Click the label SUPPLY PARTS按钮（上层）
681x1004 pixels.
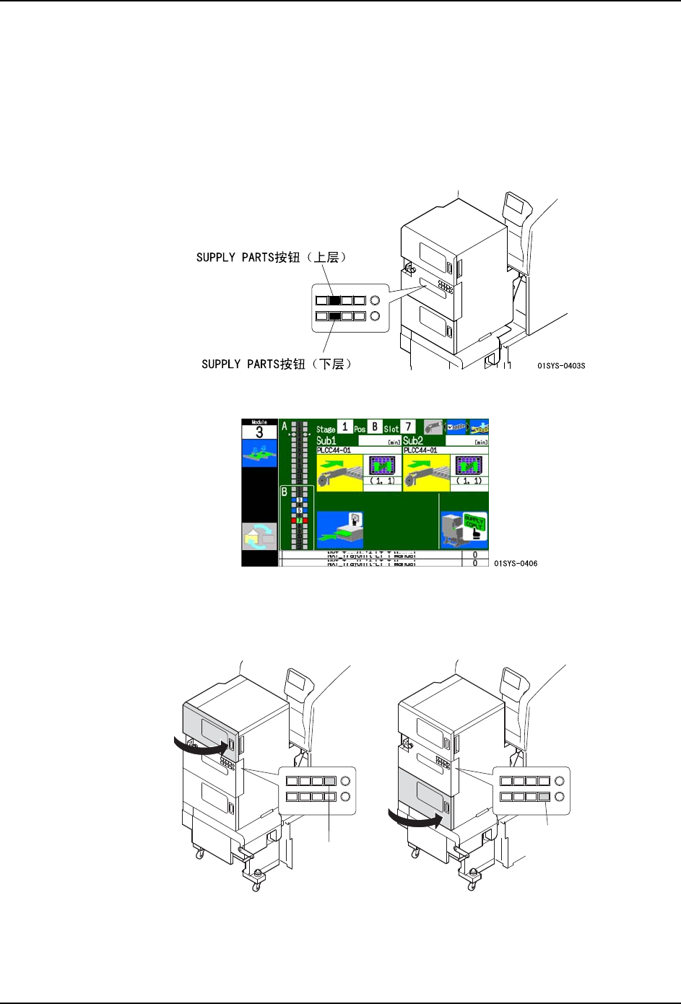pyautogui.click(x=272, y=258)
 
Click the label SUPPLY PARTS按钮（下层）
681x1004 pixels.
pyautogui.click(x=277, y=365)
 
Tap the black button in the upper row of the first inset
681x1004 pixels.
pyautogui.click(x=334, y=300)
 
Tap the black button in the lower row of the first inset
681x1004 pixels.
pyautogui.click(x=334, y=316)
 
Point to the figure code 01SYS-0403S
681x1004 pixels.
pyautogui.click(x=561, y=366)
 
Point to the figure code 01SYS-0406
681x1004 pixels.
pyautogui.click(x=516, y=564)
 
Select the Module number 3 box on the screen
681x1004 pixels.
pyautogui.click(x=259, y=432)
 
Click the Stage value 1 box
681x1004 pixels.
pyautogui.click(x=345, y=427)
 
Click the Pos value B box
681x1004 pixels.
pyautogui.click(x=375, y=427)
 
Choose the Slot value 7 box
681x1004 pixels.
pyautogui.click(x=408, y=427)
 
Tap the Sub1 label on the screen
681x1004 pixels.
pyautogui.click(x=326, y=440)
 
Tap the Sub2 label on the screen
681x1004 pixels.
pyautogui.click(x=413, y=440)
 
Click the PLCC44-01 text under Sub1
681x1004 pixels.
pyautogui.click(x=334, y=450)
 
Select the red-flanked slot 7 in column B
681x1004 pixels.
pyautogui.click(x=299, y=520)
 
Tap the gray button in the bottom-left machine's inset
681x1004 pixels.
pyautogui.click(x=330, y=781)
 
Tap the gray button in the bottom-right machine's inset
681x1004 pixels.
pyautogui.click(x=544, y=797)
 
